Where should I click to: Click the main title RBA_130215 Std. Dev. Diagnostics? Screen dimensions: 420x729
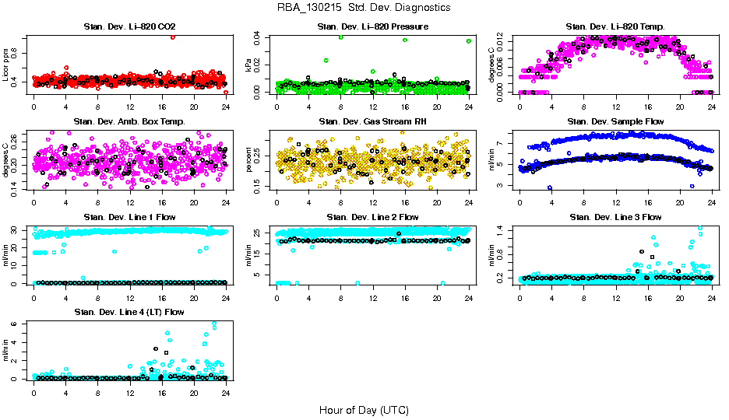(x=363, y=8)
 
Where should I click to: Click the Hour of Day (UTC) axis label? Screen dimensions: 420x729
(x=364, y=410)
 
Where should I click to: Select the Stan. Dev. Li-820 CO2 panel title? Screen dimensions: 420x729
(x=129, y=27)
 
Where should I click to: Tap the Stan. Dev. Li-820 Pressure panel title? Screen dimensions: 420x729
(x=372, y=27)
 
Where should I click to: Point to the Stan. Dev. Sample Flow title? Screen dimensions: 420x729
(x=615, y=122)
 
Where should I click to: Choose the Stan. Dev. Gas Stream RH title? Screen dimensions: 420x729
(x=372, y=122)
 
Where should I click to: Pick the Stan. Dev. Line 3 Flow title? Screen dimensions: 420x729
(x=615, y=217)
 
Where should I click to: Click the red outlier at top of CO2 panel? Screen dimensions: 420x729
(x=172, y=37)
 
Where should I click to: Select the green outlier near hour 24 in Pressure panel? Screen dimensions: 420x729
(x=469, y=41)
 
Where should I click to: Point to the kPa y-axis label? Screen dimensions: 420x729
(x=249, y=65)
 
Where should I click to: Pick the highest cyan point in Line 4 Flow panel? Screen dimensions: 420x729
(x=214, y=324)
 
